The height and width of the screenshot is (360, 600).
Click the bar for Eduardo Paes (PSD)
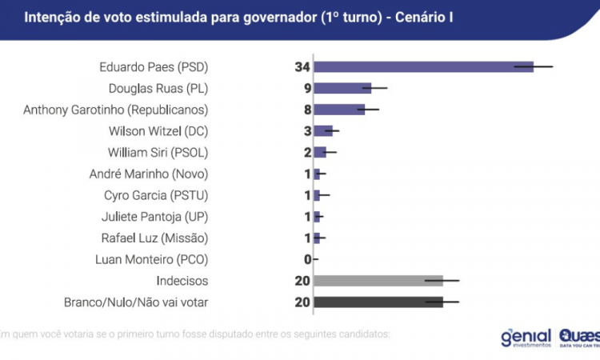pos(424,66)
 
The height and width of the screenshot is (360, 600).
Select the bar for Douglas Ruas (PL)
pos(342,88)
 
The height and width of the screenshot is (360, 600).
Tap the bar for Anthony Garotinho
pos(339,110)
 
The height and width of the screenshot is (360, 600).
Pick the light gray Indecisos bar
pos(378,281)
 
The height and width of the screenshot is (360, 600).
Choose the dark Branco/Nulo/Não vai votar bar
pos(378,302)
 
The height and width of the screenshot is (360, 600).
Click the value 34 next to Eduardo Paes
pos(302,66)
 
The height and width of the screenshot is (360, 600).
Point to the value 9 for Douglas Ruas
pos(306,88)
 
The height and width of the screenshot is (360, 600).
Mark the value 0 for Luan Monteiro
pos(306,259)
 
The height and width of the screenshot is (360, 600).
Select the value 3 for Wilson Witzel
pos(306,131)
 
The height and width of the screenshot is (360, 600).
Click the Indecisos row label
pos(182,281)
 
